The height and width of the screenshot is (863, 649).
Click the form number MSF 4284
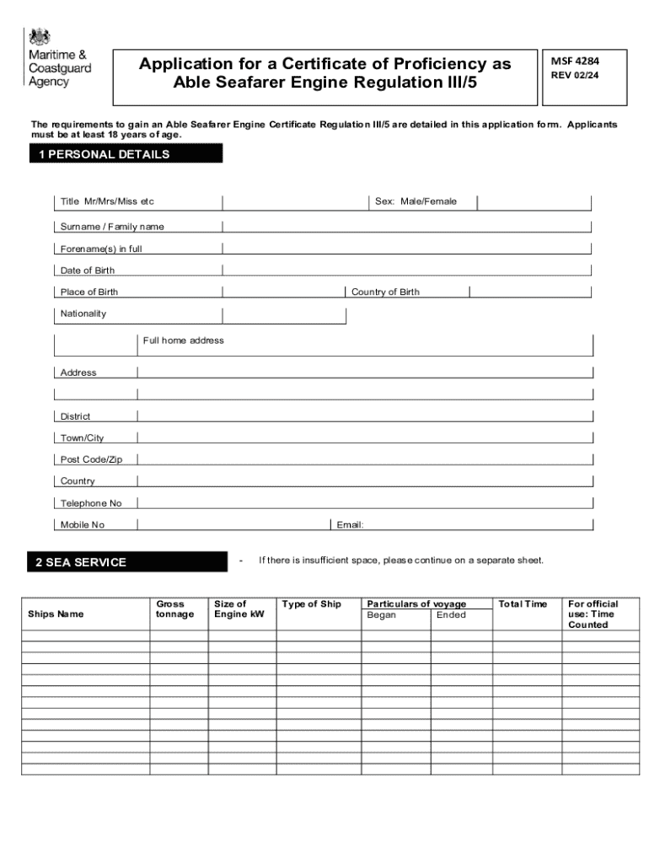(575, 61)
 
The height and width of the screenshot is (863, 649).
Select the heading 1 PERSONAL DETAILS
(126, 154)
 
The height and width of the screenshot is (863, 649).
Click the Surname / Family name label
(112, 227)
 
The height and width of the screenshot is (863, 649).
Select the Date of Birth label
(88, 271)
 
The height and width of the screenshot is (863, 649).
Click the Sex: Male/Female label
(416, 201)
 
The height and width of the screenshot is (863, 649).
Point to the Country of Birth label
(385, 292)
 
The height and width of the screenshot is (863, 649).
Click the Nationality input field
(284, 314)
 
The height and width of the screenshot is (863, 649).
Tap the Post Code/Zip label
(92, 459)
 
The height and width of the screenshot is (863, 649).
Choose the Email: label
(350, 525)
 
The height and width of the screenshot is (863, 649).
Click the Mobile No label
(83, 525)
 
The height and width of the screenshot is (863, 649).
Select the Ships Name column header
(56, 614)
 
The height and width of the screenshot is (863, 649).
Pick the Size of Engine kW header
(239, 608)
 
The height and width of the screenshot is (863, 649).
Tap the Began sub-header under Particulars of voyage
(381, 614)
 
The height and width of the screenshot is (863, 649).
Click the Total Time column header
(523, 603)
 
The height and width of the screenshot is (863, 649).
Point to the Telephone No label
(91, 503)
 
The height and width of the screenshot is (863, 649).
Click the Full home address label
(183, 340)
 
